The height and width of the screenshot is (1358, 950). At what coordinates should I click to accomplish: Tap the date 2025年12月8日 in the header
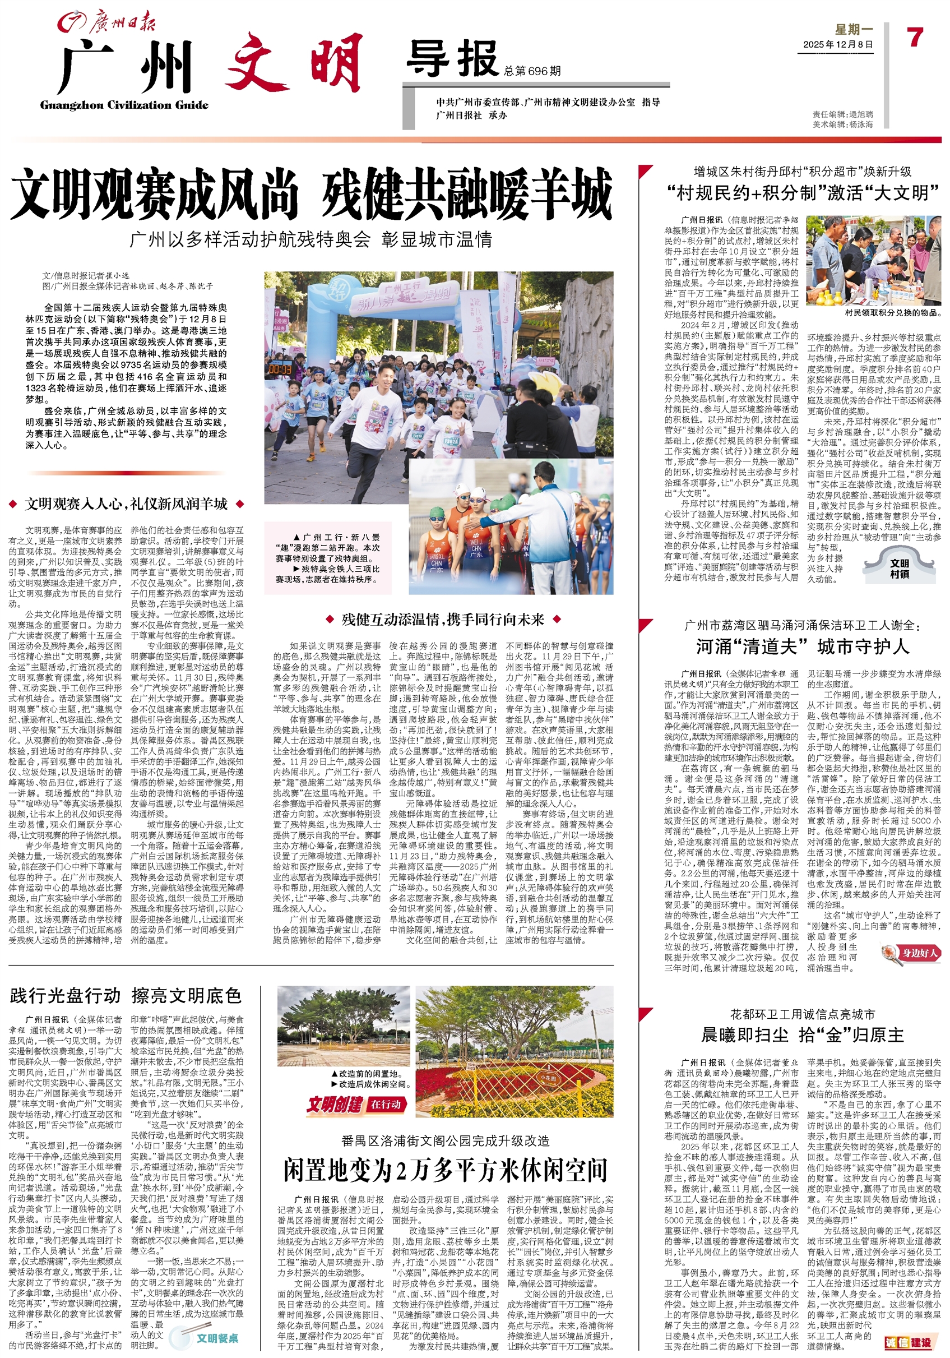tap(838, 45)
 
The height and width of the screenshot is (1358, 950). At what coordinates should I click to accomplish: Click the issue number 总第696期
tap(532, 72)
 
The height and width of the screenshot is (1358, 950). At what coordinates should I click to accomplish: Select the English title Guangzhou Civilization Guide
tap(124, 105)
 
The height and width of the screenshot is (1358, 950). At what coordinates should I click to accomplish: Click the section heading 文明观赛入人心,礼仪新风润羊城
tap(127, 504)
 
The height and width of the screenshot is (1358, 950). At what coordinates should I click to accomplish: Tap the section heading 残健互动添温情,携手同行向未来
tap(443, 619)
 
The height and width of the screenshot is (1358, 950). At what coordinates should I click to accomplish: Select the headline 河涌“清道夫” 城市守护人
tap(802, 646)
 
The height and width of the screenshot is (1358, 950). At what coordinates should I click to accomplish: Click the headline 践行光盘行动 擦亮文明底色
tap(126, 995)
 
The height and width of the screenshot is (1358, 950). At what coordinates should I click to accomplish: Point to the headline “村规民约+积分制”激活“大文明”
tap(802, 193)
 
